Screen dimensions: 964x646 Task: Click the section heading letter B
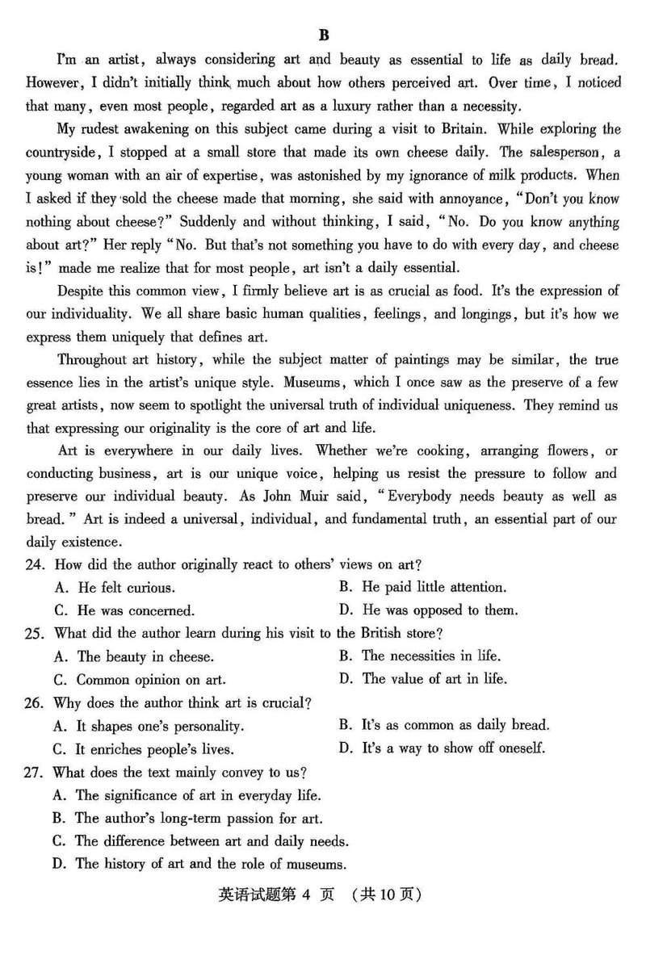coord(324,35)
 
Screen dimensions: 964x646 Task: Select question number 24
coord(34,565)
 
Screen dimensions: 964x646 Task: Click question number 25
coord(34,634)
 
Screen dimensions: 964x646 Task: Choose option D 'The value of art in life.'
coord(423,679)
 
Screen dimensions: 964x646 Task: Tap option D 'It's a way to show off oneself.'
coord(442,748)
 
